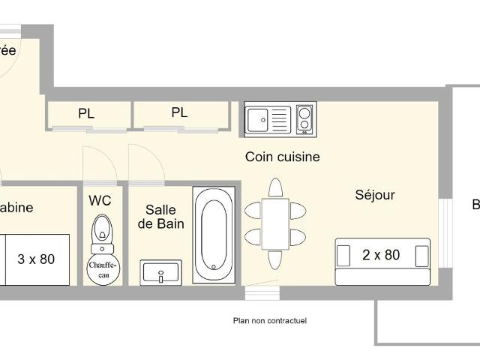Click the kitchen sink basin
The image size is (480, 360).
259,118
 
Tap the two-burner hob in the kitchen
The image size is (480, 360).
305,119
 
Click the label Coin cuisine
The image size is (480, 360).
282,157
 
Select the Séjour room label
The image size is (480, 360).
374,195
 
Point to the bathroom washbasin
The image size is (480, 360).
161,271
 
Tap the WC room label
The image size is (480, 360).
100,200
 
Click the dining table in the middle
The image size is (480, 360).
275,223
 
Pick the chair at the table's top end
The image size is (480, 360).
275,187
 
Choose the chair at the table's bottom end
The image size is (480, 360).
275,259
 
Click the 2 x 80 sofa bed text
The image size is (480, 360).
381,255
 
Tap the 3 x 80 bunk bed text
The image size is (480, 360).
36,259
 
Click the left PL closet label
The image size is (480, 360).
86,114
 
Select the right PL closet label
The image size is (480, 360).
178,113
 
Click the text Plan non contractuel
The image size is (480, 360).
269,321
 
